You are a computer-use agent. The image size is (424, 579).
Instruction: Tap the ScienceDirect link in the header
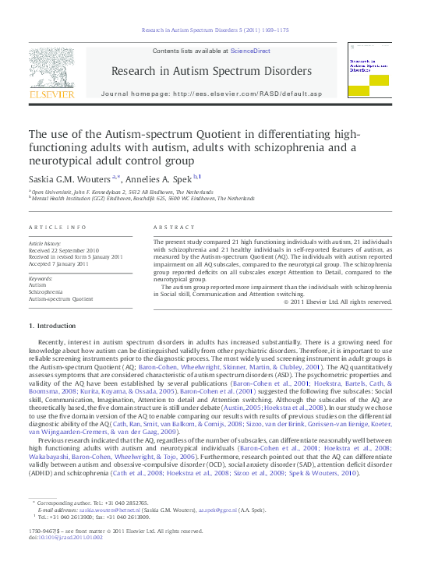(250, 50)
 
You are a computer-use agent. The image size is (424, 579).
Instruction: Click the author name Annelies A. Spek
(164, 177)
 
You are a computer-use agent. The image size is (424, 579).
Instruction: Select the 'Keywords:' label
(41, 278)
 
